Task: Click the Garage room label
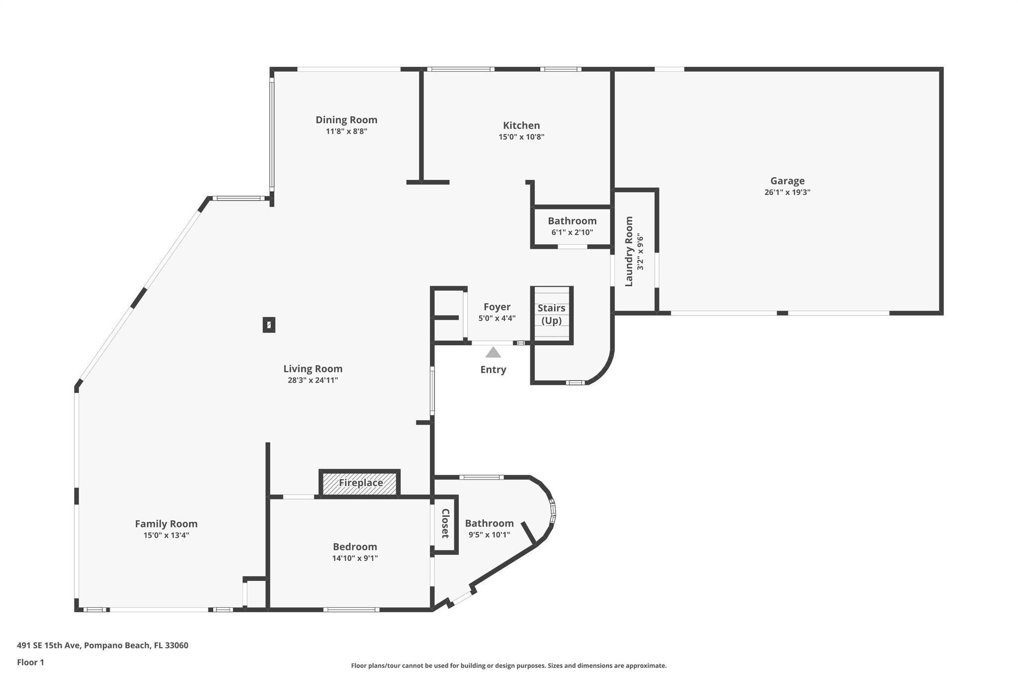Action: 787,181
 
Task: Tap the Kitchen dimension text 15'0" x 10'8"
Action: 521,137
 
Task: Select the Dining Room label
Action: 346,120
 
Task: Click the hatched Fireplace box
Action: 360,483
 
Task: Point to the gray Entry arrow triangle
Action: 493,353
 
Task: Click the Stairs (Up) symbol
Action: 551,314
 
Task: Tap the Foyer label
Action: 497,307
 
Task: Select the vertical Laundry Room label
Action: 629,251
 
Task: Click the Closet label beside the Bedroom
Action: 445,523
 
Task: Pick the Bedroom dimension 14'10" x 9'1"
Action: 355,558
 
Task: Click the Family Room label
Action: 166,524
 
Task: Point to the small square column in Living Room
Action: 269,325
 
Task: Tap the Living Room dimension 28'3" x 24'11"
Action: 313,380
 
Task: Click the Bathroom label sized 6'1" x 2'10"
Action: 572,221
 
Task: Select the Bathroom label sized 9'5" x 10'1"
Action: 489,523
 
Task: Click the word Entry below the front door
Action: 493,370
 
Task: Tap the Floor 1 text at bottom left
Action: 30,662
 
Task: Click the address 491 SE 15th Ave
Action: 102,646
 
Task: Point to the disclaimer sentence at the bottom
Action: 509,666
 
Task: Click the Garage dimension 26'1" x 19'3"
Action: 787,193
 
